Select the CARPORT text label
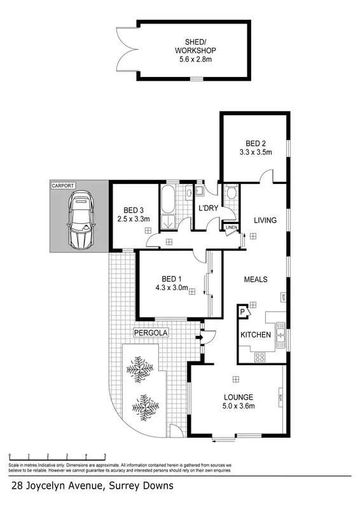coord(64,186)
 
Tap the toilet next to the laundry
coord(231,193)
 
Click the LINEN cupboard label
coord(232,228)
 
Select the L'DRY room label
coord(209,209)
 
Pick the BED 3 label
coord(134,211)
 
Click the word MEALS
coord(256,279)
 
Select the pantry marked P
coord(242,312)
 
